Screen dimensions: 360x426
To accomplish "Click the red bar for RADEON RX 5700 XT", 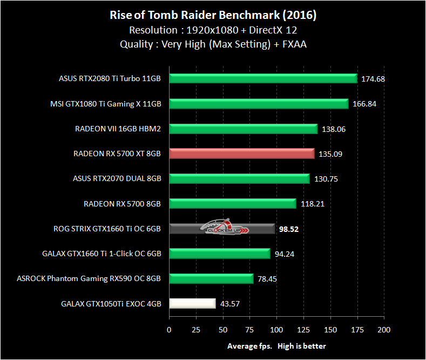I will click(241, 154).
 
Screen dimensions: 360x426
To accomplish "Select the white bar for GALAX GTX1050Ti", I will click(193, 303).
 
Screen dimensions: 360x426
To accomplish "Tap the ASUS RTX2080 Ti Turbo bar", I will click(263, 78).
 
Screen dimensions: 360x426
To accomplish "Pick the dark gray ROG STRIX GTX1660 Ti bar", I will click(222, 229).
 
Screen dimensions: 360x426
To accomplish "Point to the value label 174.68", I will click(373, 79).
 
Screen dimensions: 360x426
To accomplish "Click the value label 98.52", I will click(289, 229).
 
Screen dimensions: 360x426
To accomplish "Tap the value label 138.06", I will click(333, 129).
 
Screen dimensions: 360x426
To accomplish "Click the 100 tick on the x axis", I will click(276, 329).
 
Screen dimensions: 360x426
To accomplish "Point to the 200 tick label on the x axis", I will click(384, 329).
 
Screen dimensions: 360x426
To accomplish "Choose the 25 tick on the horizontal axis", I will click(196, 329).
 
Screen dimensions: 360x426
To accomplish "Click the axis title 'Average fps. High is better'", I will click(276, 346).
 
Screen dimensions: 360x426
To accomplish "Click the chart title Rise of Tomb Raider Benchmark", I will click(213, 15).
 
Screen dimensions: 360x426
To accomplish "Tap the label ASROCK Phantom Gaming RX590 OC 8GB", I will click(89, 278).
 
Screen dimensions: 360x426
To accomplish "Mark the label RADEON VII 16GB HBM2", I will click(118, 129).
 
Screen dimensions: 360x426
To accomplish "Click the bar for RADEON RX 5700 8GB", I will click(233, 204).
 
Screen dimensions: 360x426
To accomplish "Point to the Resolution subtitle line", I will click(213, 30).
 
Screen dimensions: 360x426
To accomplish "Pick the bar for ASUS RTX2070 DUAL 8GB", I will click(239, 178).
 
